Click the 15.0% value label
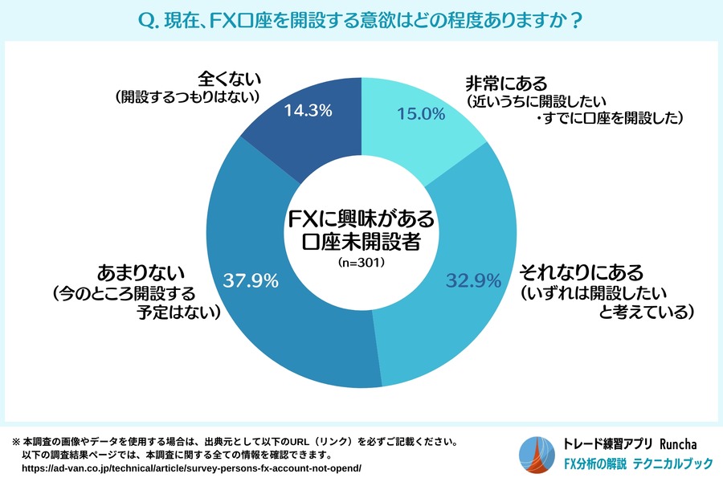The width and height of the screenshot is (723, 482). click(421, 114)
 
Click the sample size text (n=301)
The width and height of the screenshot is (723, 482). click(361, 263)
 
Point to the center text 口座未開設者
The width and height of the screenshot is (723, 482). click(361, 242)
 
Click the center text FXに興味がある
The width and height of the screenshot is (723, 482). click(361, 218)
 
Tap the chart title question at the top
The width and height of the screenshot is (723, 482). click(361, 19)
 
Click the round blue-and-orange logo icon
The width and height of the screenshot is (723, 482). click(536, 454)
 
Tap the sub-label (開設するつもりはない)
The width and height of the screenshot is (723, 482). click(190, 97)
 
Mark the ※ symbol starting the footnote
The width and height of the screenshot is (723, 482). click(15, 442)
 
